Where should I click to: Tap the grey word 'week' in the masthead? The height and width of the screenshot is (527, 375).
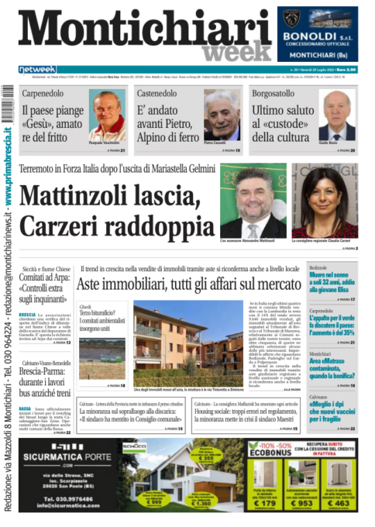[233, 52]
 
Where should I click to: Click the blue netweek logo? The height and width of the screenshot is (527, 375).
[38, 69]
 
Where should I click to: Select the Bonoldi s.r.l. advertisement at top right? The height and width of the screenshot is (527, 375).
[318, 34]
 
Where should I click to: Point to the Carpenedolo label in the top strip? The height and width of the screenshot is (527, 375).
[43, 92]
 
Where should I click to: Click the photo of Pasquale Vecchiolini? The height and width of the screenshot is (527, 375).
[107, 112]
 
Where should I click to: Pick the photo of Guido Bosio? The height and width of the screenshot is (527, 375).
[337, 114]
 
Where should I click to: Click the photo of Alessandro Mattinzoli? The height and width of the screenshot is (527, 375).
[253, 203]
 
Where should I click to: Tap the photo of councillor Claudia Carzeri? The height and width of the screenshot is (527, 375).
[324, 203]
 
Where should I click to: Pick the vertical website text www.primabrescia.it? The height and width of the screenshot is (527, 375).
[7, 167]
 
